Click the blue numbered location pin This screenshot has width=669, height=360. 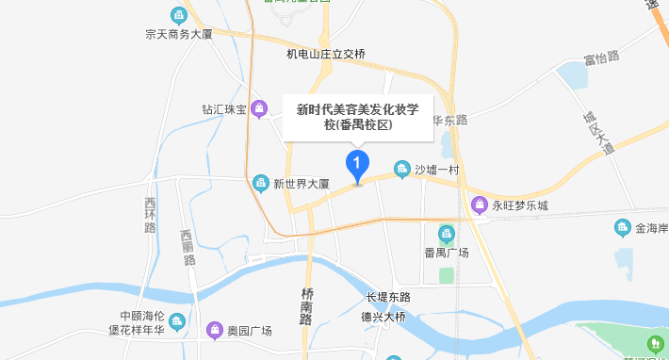[x=357, y=167]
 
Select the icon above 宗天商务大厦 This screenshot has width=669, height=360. [x=177, y=15]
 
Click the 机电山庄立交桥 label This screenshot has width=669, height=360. [x=326, y=54]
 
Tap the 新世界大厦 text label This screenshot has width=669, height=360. [x=301, y=183]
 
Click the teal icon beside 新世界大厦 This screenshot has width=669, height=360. [x=261, y=182]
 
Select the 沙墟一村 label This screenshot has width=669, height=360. [x=436, y=170]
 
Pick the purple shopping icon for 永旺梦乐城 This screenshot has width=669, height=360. [x=479, y=205]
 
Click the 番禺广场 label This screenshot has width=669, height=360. [x=447, y=253]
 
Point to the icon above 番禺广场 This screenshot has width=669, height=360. [x=447, y=233]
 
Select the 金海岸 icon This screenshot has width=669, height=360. [x=622, y=227]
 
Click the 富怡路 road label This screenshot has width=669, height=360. [x=601, y=57]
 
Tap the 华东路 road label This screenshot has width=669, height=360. [x=450, y=120]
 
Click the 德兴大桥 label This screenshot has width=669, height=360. [x=385, y=318]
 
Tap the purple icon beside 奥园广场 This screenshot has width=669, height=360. [x=215, y=330]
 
